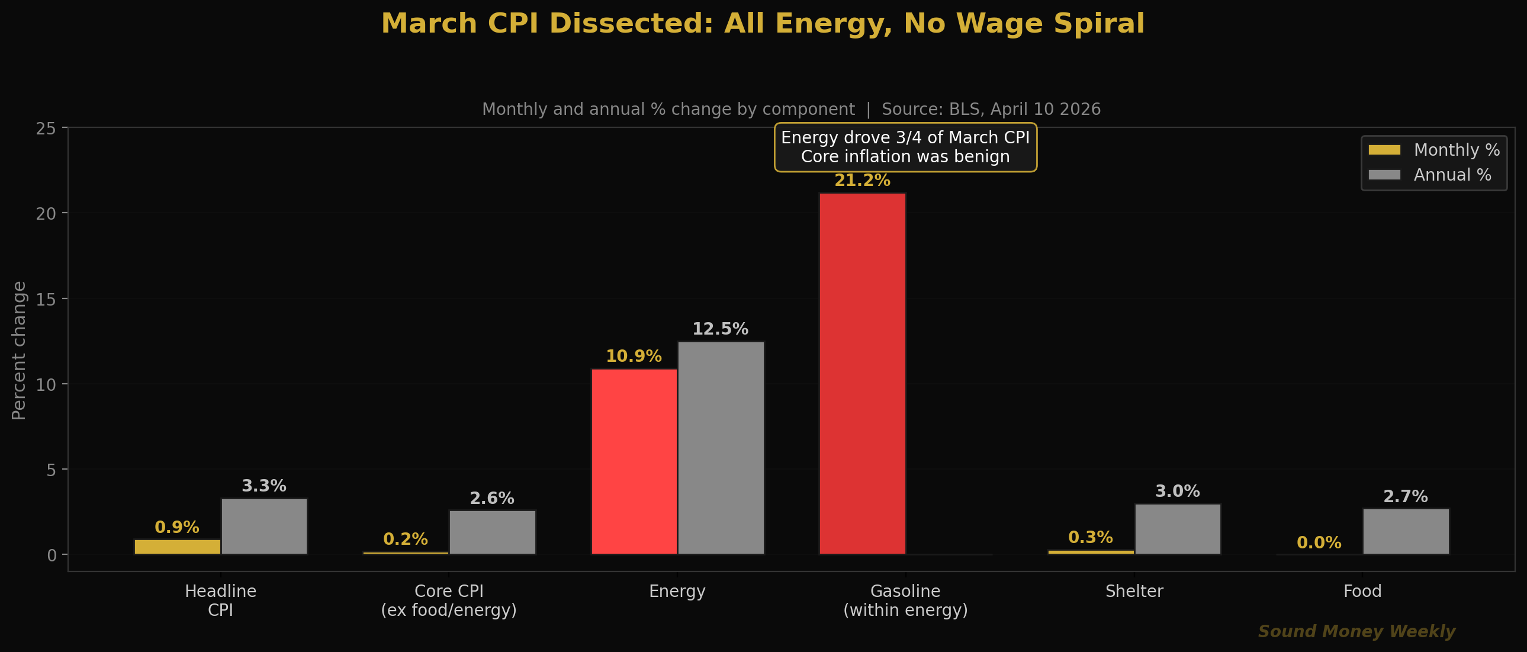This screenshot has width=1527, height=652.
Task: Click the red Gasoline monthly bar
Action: pyautogui.click(x=863, y=374)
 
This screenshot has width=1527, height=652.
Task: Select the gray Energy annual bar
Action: pyautogui.click(x=721, y=448)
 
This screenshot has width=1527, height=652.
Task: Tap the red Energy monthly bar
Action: pyautogui.click(x=634, y=461)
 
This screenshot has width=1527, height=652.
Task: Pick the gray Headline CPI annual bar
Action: pyautogui.click(x=264, y=526)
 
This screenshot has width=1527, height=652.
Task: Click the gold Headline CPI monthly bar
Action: pyautogui.click(x=177, y=547)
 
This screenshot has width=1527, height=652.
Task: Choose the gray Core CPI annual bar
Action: pyautogui.click(x=492, y=532)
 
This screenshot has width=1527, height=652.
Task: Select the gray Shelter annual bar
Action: pyautogui.click(x=1177, y=529)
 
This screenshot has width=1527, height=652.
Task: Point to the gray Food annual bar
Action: pyautogui.click(x=1406, y=531)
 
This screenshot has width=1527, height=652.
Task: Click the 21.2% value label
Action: pyautogui.click(x=862, y=181)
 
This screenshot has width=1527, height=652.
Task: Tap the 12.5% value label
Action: pyautogui.click(x=720, y=329)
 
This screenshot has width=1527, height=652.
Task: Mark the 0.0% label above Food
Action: pyautogui.click(x=1319, y=542)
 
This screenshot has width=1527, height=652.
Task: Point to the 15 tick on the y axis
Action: pyautogui.click(x=46, y=299)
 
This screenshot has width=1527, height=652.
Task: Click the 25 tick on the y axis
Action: pyautogui.click(x=46, y=129)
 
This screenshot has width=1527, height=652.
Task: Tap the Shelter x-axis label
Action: pyautogui.click(x=1134, y=591)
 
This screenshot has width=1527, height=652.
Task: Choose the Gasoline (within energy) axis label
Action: pyautogui.click(x=905, y=600)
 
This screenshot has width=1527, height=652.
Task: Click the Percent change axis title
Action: pyautogui.click(x=19, y=351)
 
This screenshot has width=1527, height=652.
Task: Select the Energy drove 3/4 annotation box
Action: pyautogui.click(x=905, y=147)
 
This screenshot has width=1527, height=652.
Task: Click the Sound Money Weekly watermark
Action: pyautogui.click(x=1356, y=631)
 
